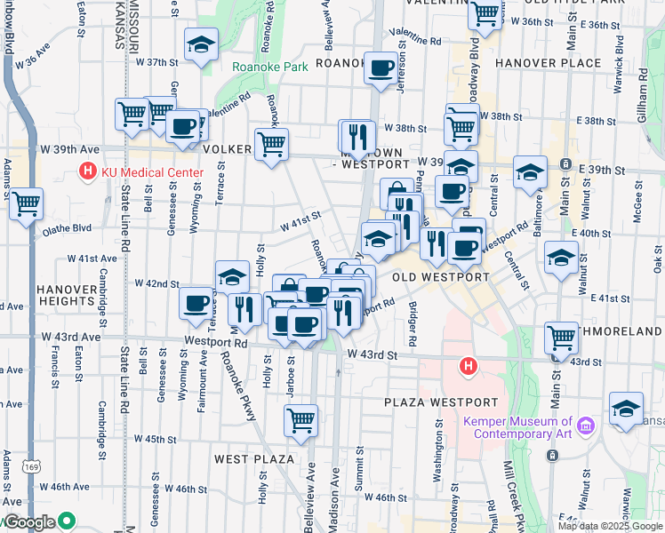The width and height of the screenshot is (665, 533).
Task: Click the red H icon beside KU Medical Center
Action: (x=88, y=171)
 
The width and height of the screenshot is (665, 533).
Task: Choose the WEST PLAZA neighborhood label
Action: (x=254, y=458)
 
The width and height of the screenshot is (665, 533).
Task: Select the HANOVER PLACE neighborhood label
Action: (x=549, y=63)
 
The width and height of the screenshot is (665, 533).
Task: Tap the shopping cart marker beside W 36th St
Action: (x=485, y=14)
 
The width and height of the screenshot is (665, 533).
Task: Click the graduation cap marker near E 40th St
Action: (x=561, y=258)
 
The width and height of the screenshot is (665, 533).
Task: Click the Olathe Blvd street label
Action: (x=67, y=228)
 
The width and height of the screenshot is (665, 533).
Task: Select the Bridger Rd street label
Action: (x=412, y=323)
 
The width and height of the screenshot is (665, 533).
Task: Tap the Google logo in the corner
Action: (x=32, y=522)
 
